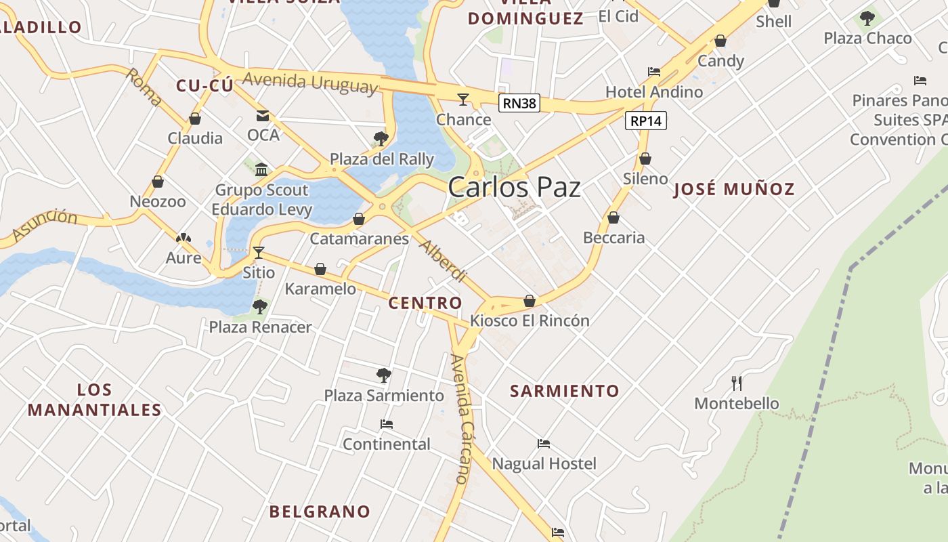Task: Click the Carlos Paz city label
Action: coord(514,187)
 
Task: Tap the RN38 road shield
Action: coord(519,103)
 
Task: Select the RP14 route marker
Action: coord(645,121)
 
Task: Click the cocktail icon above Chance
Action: coord(463,100)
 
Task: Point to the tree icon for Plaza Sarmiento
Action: coord(384,375)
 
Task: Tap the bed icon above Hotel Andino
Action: coord(654,71)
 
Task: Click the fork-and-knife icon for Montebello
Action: coord(737,383)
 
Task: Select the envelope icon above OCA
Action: coord(263,115)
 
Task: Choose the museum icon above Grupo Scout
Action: coord(261,169)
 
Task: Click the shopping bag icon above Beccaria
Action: coord(613,217)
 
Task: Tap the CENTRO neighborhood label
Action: coord(425,303)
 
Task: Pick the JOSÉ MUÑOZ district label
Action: coord(734,189)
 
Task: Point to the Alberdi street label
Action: coord(444,260)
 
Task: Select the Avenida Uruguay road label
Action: coord(309,82)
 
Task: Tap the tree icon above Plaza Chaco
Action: coord(867,18)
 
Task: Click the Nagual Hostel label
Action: coord(544,463)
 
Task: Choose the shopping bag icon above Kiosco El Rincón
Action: coord(530,300)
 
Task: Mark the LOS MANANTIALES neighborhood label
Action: coord(95,400)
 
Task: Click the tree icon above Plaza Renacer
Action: coord(260,307)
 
